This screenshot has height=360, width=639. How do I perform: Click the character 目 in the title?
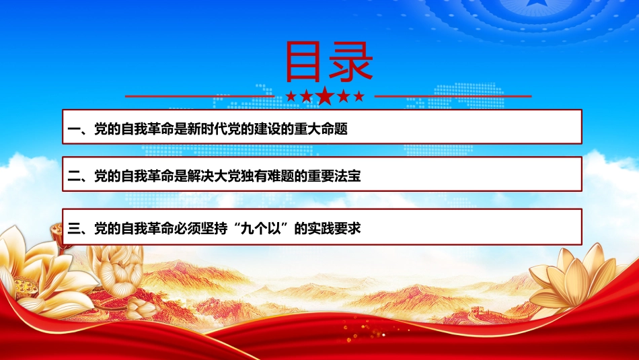click(303, 61)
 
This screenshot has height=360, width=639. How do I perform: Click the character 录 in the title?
click(351, 61)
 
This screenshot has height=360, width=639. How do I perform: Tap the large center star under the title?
click(325, 96)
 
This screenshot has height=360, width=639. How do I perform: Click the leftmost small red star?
click(291, 96)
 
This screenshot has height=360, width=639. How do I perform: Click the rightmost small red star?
click(359, 96)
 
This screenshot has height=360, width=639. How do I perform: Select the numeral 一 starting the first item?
click(74, 130)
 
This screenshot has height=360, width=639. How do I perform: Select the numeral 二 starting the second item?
click(74, 176)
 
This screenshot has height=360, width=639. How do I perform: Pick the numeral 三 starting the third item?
click(74, 229)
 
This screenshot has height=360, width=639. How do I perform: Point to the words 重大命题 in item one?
click(321, 129)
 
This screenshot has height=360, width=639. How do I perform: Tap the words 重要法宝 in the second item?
click(334, 176)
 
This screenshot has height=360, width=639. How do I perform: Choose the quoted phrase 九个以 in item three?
click(261, 229)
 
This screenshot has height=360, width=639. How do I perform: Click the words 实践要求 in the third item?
click(334, 229)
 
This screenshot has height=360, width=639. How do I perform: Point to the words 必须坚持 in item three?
click(201, 229)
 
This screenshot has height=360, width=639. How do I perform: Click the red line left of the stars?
click(200, 97)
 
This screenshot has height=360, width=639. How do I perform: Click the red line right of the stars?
click(453, 97)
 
